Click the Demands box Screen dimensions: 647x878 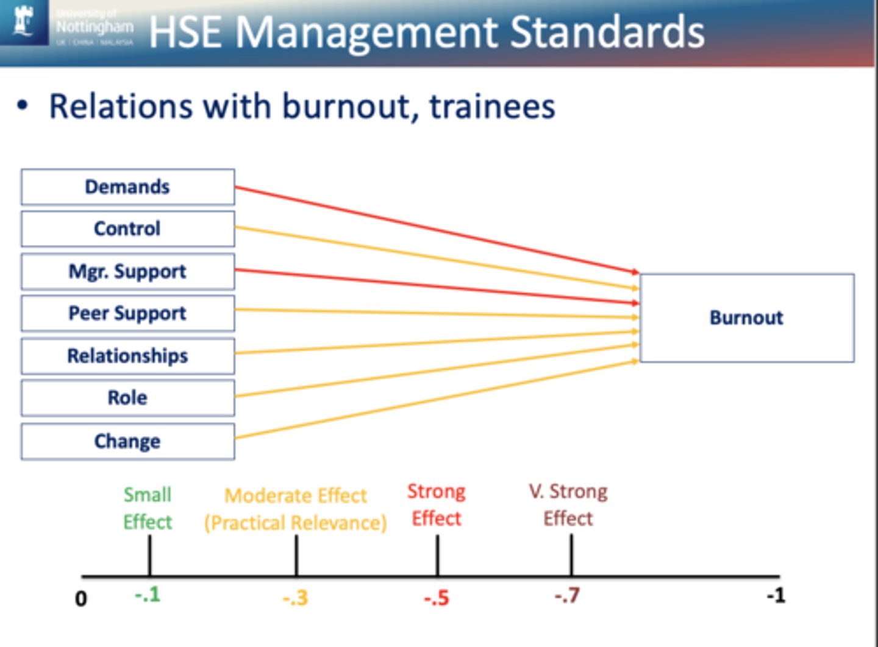(127, 186)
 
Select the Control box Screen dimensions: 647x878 (127, 228)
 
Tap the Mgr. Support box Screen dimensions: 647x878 (127, 271)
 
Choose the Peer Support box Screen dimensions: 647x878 (127, 313)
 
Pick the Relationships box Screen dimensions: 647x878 (127, 356)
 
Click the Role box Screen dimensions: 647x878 (127, 398)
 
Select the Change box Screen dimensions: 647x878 (127, 441)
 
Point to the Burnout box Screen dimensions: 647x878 (746, 317)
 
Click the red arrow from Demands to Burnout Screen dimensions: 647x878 (436, 229)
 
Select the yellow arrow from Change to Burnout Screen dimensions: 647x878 (436, 399)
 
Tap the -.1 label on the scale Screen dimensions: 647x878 (148, 594)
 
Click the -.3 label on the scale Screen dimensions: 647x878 (295, 598)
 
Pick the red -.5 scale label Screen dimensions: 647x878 (437, 598)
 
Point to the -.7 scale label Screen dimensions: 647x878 (567, 595)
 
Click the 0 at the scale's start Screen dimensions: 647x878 (80, 599)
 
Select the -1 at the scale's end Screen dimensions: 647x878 (776, 595)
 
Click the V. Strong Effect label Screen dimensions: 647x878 (568, 504)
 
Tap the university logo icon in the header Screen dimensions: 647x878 (24, 21)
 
